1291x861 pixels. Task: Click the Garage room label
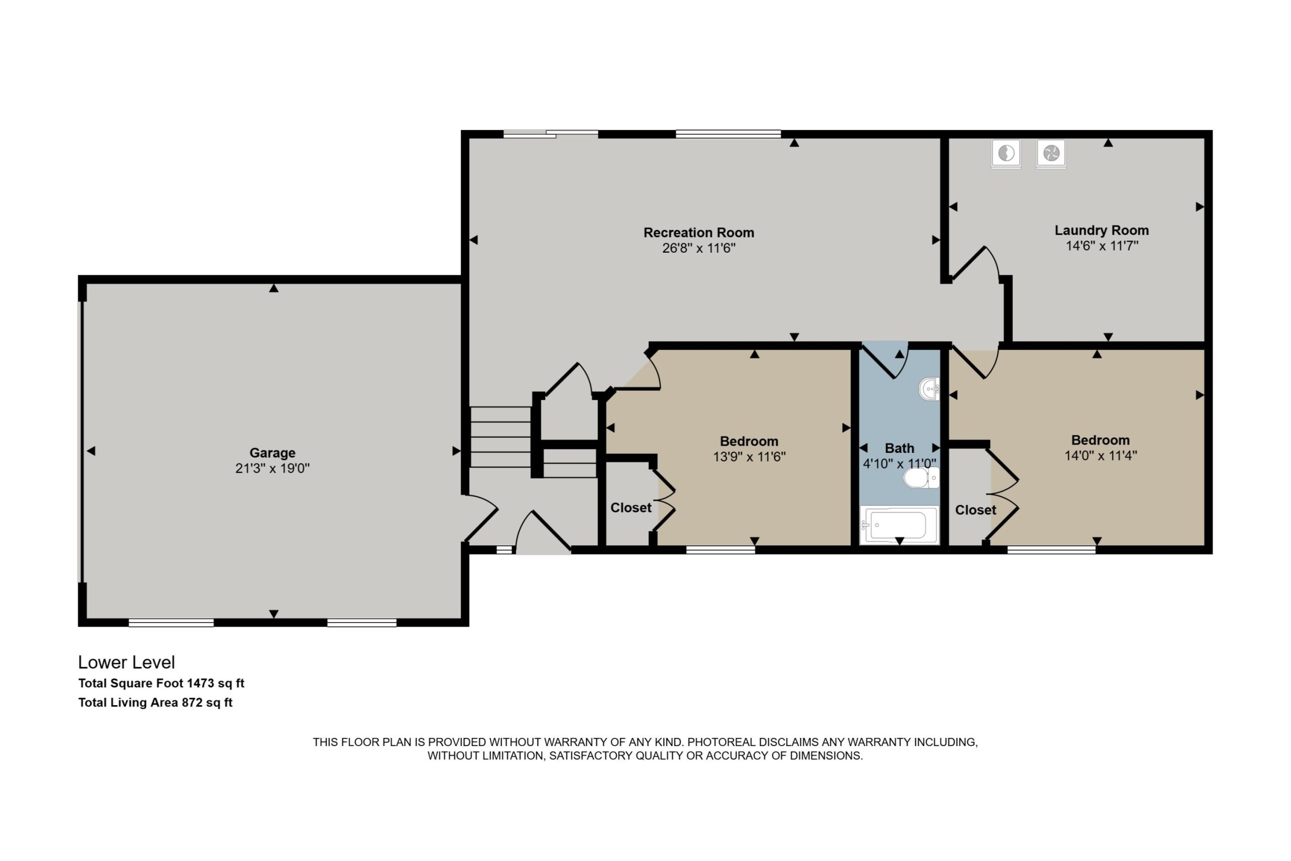pyautogui.click(x=272, y=453)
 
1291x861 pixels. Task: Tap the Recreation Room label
pyautogui.click(x=699, y=233)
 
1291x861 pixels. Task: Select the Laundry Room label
pyautogui.click(x=1101, y=231)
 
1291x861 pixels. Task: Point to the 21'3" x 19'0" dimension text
pyautogui.click(x=272, y=469)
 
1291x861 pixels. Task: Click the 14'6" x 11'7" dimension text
pyautogui.click(x=1101, y=246)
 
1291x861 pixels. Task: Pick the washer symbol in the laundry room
pyautogui.click(x=1006, y=153)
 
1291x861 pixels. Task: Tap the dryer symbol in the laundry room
pyautogui.click(x=1051, y=153)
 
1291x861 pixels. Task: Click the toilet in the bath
pyautogui.click(x=921, y=478)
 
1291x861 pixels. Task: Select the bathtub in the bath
pyautogui.click(x=899, y=525)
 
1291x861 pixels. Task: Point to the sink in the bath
pyautogui.click(x=929, y=389)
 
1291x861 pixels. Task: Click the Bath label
pyautogui.click(x=900, y=448)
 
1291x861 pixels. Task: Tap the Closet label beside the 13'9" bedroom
pyautogui.click(x=631, y=508)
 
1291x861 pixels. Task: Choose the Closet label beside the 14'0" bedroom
pyautogui.click(x=975, y=510)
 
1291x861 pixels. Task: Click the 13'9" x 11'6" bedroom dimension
pyautogui.click(x=749, y=457)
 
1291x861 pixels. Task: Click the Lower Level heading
pyautogui.click(x=126, y=662)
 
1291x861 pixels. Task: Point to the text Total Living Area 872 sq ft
pyautogui.click(x=155, y=703)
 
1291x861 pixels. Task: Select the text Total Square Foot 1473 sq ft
pyautogui.click(x=161, y=683)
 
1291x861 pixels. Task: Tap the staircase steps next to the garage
pyautogui.click(x=501, y=437)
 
